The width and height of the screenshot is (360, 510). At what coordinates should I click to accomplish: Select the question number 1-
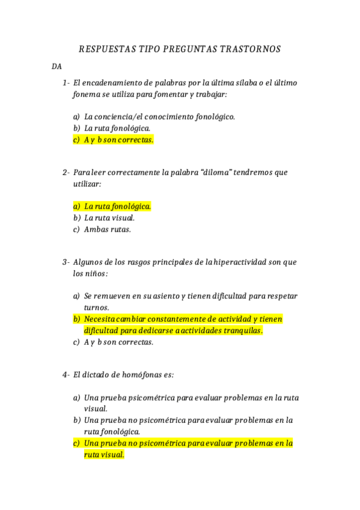click(66, 82)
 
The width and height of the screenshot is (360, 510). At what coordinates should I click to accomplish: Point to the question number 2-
click(66, 173)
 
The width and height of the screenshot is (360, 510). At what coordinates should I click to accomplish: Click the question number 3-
click(66, 262)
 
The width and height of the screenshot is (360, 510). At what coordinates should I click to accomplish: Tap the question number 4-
click(66, 375)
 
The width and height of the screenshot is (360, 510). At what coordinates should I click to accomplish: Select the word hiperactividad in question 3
click(239, 262)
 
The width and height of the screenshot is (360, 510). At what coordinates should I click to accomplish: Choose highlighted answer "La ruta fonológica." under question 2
click(117, 206)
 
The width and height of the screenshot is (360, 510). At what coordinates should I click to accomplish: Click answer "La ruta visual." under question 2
click(109, 218)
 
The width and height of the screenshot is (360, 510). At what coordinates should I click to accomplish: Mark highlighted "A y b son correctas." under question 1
click(118, 140)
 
